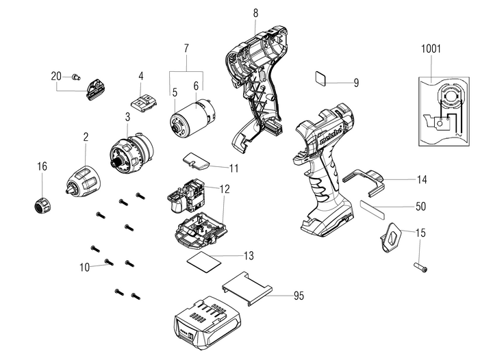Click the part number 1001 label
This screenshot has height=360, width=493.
click(432, 49)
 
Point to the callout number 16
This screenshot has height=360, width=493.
click(42, 166)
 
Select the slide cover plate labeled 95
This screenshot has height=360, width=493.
click(246, 287)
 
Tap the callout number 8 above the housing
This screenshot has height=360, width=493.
click(255, 13)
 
